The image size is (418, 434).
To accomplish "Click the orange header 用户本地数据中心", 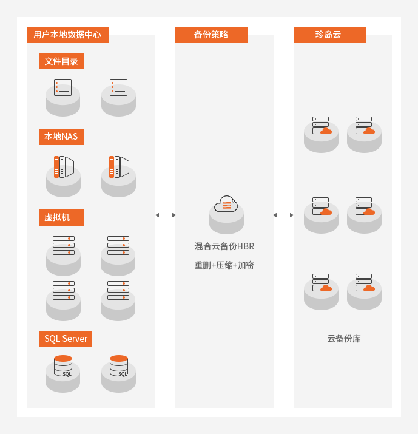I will click(x=67, y=35).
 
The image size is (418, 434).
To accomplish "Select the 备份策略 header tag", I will click(x=211, y=35).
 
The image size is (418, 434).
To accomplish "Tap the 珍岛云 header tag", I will click(x=329, y=35).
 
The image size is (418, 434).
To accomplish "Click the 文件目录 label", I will click(x=61, y=61).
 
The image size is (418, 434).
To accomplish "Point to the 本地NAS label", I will click(x=61, y=137).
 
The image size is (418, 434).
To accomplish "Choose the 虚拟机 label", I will click(x=57, y=217).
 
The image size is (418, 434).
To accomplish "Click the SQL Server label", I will click(x=66, y=339).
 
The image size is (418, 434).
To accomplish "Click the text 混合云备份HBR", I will click(x=224, y=246).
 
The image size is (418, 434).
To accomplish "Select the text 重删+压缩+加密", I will click(x=224, y=265).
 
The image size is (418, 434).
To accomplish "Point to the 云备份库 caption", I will click(x=343, y=339).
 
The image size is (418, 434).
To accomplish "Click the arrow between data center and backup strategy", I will click(x=165, y=215).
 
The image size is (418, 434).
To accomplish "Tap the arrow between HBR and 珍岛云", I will click(x=283, y=215).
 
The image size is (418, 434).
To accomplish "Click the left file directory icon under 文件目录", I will click(x=63, y=95).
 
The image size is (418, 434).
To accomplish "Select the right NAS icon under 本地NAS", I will click(x=118, y=174).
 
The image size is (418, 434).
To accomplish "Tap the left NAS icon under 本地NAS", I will click(x=63, y=174).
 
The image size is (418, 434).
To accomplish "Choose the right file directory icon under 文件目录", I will click(x=118, y=95).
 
